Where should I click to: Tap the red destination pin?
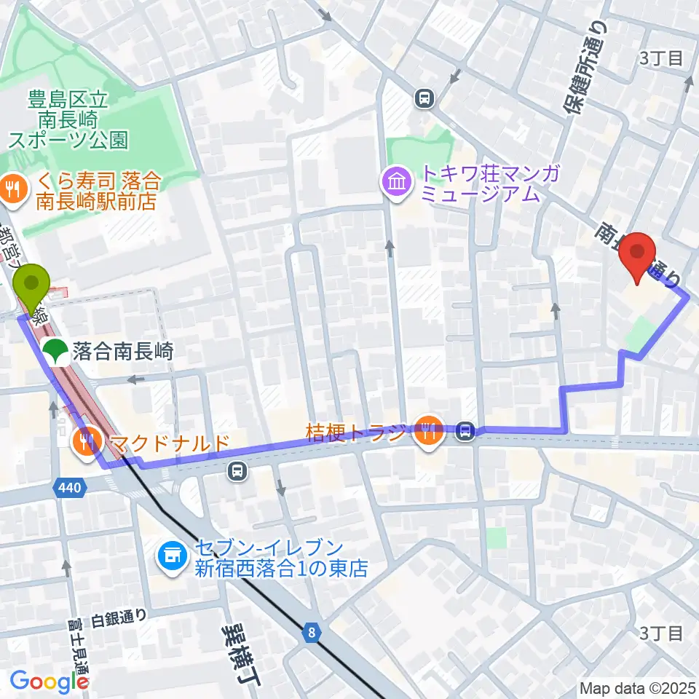pos(638,256)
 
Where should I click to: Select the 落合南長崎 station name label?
pos(122,352)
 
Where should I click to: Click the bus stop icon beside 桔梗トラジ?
pos(465,433)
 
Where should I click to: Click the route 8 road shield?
pos(312,633)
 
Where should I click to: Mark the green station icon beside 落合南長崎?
pos(56,352)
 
